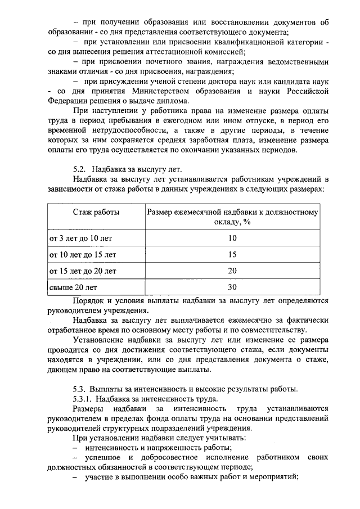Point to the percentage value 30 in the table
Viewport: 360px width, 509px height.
tap(232, 287)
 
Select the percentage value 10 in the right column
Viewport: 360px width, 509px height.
tap(232, 238)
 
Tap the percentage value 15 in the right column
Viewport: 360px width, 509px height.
tap(232, 255)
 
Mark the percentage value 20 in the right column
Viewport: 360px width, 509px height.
tap(232, 271)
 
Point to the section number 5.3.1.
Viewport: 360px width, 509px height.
tap(83, 399)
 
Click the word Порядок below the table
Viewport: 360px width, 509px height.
tap(91, 300)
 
